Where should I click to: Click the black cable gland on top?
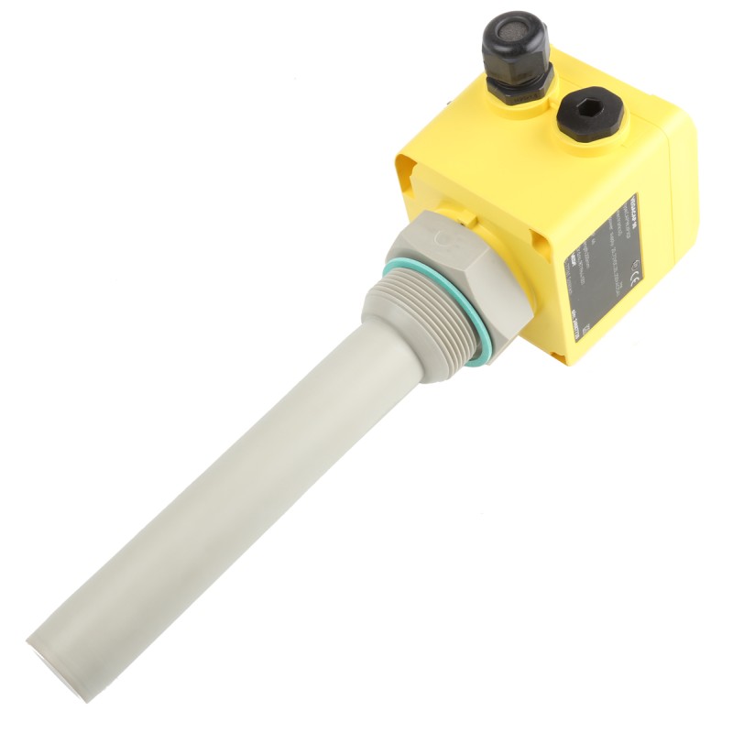point(516,60)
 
